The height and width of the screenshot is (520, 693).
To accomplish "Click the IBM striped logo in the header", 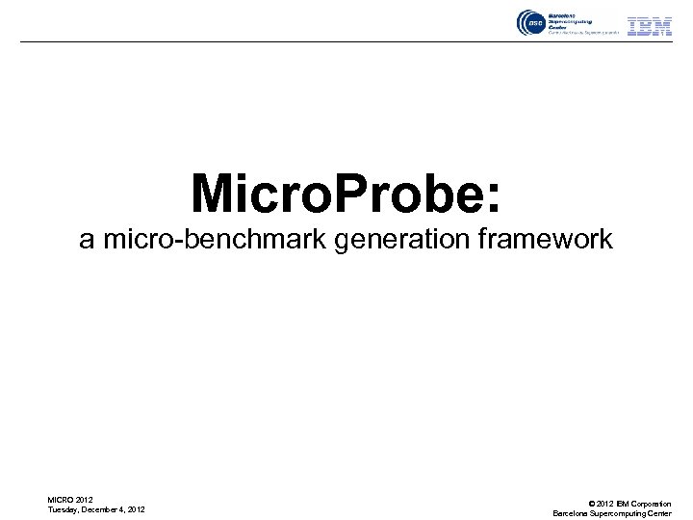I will click(650, 26).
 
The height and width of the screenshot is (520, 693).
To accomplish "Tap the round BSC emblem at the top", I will click(529, 23).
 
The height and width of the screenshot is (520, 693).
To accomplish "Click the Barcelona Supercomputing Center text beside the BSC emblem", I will click(572, 23).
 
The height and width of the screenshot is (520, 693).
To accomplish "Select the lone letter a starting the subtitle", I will click(87, 240).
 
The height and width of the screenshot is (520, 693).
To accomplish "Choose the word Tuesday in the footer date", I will click(64, 509).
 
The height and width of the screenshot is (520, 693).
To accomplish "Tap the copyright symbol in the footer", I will click(589, 504).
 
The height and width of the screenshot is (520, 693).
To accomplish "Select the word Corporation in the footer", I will click(651, 504).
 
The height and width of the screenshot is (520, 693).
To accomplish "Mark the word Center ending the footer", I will click(659, 513).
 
